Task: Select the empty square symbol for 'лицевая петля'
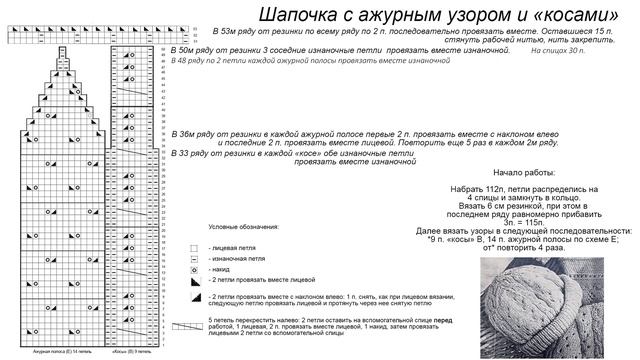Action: (x=195, y=245)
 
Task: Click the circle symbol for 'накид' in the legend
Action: (x=195, y=270)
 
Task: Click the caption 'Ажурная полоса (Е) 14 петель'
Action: (x=56, y=352)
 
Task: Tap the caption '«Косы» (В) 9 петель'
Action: (x=131, y=352)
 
